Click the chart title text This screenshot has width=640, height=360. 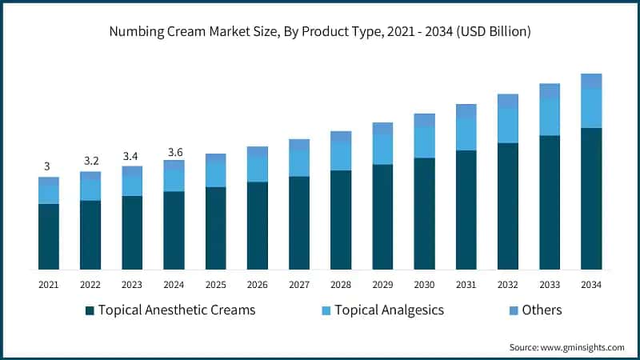(320, 32)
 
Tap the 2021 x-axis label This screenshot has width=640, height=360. (48, 284)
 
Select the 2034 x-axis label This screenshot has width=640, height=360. (591, 284)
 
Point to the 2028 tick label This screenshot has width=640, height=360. (341, 284)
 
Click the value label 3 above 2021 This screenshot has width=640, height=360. (47, 166)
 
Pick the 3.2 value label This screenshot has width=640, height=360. (90, 161)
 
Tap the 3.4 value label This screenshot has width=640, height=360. (132, 155)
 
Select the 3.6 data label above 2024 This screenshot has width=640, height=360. (174, 150)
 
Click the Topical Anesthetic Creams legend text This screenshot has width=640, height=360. (176, 310)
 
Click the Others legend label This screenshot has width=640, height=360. (542, 310)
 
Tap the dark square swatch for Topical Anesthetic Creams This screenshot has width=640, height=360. (90, 310)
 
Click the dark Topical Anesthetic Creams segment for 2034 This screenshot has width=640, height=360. (591, 198)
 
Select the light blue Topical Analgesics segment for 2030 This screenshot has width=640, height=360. (424, 142)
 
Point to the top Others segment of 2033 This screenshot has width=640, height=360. (550, 91)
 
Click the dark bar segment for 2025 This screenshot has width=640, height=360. (215, 228)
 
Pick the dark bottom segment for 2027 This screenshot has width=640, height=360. (299, 222)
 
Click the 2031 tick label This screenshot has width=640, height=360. (466, 284)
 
